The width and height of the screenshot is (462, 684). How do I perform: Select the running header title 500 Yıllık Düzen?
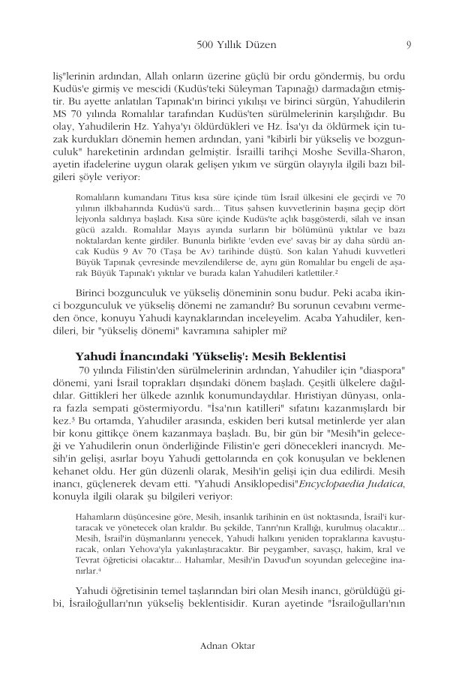point(235,45)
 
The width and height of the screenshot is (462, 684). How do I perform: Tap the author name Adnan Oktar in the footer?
point(230,644)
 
